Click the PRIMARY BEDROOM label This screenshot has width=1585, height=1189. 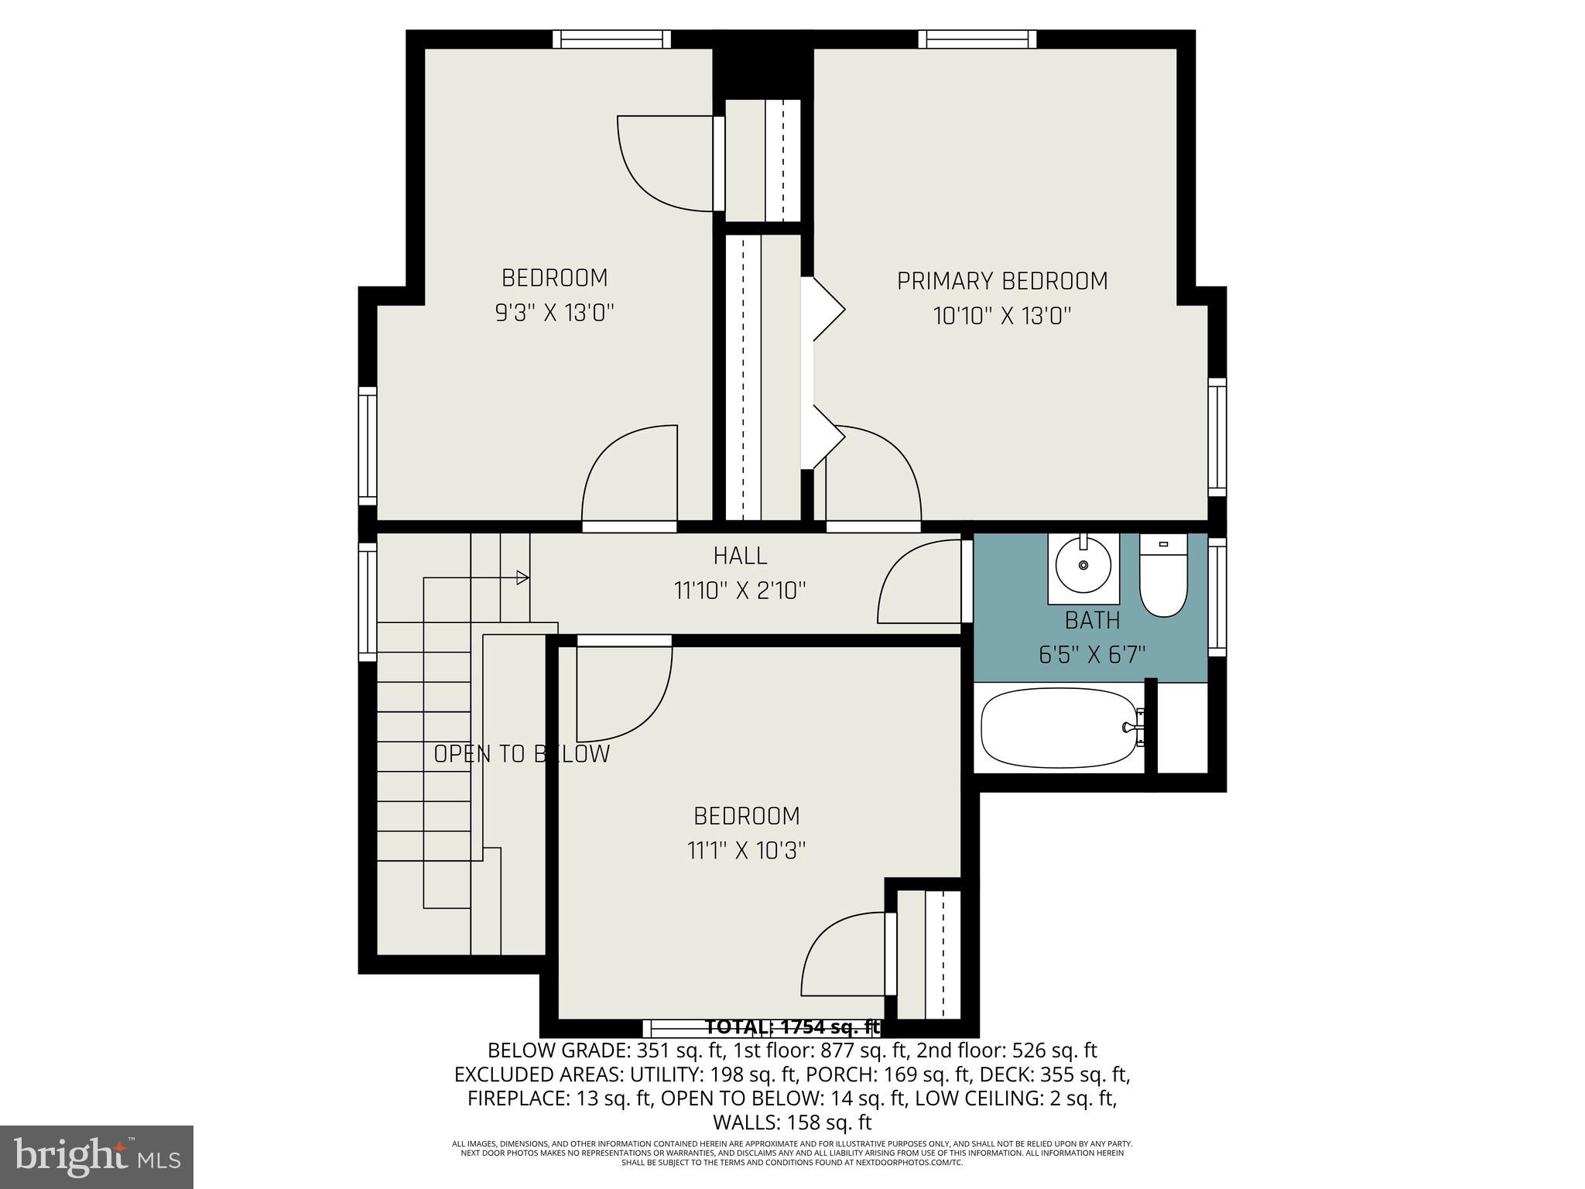pyautogui.click(x=1001, y=281)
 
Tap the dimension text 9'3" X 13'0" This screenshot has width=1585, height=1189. pyautogui.click(x=554, y=313)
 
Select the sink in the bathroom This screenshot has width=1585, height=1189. pyautogui.click(x=1083, y=566)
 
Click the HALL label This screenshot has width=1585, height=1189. pyautogui.click(x=740, y=556)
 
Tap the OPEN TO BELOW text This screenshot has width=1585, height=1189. pyautogui.click(x=522, y=754)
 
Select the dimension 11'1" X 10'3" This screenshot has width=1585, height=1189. pyautogui.click(x=746, y=851)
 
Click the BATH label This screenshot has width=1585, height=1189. pyautogui.click(x=1092, y=620)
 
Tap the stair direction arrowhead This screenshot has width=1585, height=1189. pyautogui.click(x=523, y=577)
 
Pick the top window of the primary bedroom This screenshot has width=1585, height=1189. pyautogui.click(x=977, y=39)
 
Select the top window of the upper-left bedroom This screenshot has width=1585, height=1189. pyautogui.click(x=611, y=39)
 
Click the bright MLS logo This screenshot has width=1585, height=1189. pyautogui.click(x=97, y=1157)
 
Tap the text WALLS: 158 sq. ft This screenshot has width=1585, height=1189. pyautogui.click(x=792, y=1122)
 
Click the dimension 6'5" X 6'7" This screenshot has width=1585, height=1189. pyautogui.click(x=1092, y=655)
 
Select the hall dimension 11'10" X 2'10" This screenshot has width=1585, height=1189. pyautogui.click(x=740, y=591)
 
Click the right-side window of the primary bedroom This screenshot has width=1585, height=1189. pyautogui.click(x=1217, y=437)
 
